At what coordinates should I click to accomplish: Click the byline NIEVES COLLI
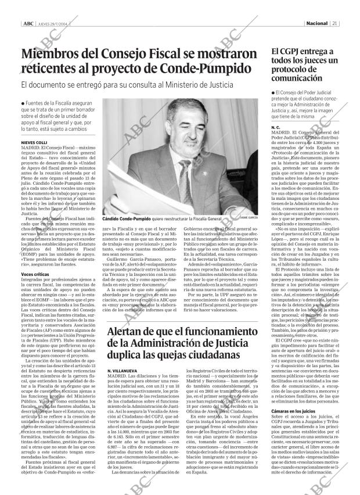coord(34,142)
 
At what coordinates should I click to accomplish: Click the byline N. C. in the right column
coord(275,126)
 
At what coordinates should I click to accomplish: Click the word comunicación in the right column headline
coord(297,78)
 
